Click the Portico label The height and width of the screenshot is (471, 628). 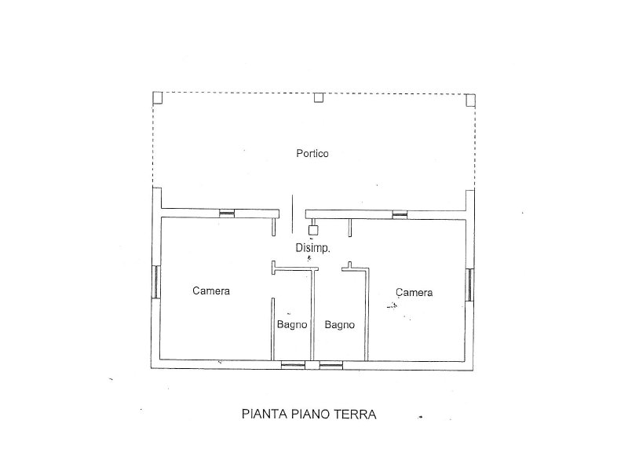[x=312, y=153]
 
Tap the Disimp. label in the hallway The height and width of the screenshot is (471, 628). [x=312, y=248]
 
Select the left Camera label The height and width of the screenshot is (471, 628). [x=211, y=290]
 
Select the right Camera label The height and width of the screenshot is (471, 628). [x=414, y=292]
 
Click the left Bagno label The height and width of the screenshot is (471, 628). [x=292, y=324]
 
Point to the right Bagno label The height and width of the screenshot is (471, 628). [x=340, y=324]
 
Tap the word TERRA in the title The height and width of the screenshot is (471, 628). [x=355, y=414]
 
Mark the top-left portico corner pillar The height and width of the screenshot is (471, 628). [x=158, y=97]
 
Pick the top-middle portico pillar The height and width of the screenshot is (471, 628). [x=319, y=97]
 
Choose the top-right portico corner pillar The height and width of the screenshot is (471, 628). [x=471, y=100]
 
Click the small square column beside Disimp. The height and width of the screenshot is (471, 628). [x=313, y=229]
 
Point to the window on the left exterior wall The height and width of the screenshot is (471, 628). [x=156, y=282]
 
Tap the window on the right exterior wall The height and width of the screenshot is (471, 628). [x=469, y=284]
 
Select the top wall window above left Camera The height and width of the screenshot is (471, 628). [x=227, y=214]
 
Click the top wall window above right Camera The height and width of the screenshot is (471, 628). [x=400, y=214]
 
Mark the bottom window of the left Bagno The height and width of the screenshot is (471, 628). [x=293, y=365]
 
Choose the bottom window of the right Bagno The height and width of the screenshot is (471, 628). [x=330, y=365]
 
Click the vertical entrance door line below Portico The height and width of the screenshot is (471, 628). [x=292, y=214]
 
